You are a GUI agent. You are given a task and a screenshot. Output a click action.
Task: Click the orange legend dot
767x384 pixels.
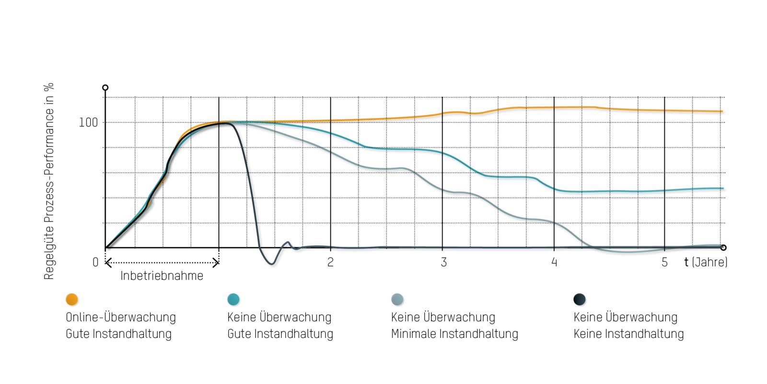pos(72,300)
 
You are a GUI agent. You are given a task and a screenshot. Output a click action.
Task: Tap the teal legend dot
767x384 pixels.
pos(233,300)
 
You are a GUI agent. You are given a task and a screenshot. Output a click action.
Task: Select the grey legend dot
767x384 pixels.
pos(397,300)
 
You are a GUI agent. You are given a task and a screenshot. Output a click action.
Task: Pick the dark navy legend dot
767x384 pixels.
pos(580,300)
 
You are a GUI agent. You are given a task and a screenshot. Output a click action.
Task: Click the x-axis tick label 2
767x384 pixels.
pos(330,262)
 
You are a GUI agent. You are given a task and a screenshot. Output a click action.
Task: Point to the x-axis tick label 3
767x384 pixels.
pos(443,262)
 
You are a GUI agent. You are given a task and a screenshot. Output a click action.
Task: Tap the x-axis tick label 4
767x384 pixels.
pos(554,262)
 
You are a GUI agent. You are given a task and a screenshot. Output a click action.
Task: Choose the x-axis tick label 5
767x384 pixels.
pos(664,262)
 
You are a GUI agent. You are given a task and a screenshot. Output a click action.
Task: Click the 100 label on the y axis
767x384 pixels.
pos(88,122)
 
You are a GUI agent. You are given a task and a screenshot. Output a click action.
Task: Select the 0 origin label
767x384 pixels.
pos(95,262)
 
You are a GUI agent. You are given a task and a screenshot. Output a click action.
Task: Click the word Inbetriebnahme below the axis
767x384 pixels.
pos(162,276)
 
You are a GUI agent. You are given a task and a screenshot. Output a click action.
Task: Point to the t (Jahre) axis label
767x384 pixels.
pos(706,262)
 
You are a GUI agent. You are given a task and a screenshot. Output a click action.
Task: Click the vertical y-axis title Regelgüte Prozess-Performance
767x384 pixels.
pos(49,181)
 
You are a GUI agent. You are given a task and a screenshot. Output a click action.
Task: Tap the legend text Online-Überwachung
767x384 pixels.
pos(121,317)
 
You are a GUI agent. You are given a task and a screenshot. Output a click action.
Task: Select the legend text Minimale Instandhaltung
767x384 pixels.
pos(454,334)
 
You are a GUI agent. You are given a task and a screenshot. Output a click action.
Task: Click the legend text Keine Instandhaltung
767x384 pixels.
pos(628,334)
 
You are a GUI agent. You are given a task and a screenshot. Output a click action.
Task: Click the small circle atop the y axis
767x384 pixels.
pos(105,87)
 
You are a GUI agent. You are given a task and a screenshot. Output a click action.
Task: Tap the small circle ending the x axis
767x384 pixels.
pos(723,248)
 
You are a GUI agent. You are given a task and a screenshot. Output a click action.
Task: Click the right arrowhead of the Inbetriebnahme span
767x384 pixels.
pos(217,263)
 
